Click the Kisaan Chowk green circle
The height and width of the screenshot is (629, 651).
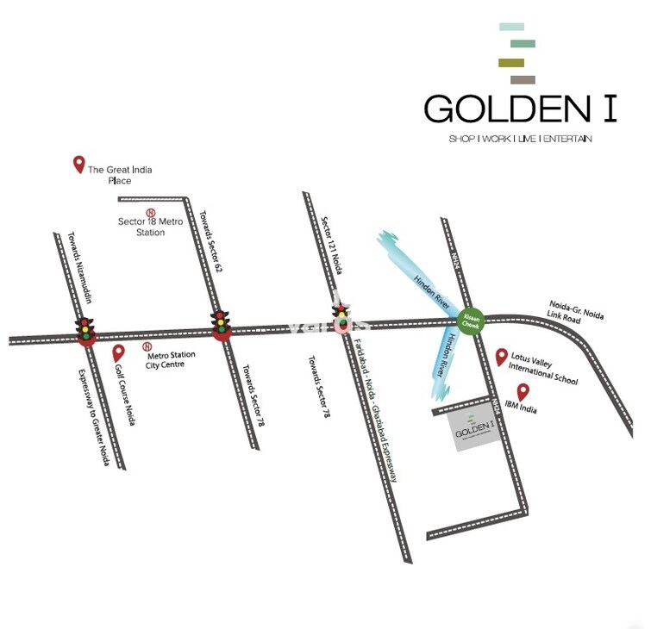click(471, 320)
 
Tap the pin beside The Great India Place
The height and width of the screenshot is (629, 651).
click(78, 164)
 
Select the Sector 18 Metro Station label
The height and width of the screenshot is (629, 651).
click(141, 227)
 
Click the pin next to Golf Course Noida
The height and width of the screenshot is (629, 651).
click(119, 353)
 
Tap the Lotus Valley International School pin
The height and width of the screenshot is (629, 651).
click(501, 356)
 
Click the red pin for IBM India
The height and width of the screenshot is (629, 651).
click(523, 392)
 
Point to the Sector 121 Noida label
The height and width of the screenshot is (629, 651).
click(331, 246)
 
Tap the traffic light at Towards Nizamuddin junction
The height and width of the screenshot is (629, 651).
click(85, 328)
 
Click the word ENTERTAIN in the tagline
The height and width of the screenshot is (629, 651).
click(568, 139)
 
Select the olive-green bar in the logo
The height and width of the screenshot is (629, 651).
click(511, 62)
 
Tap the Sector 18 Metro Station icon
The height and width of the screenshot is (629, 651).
click(150, 212)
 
